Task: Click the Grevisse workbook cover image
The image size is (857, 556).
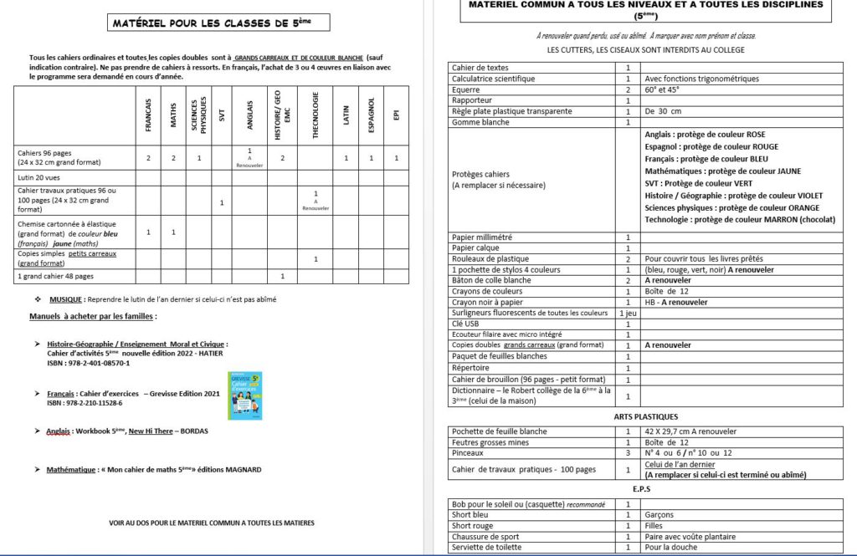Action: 245,395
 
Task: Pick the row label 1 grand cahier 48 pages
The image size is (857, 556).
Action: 55,275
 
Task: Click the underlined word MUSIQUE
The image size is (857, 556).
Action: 66,298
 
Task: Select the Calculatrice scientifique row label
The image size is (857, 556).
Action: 493,79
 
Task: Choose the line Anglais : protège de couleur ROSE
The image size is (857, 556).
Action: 705,135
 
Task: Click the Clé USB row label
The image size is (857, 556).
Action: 465,324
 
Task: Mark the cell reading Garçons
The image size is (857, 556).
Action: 659,515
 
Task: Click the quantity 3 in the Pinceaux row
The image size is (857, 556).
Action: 628,452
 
